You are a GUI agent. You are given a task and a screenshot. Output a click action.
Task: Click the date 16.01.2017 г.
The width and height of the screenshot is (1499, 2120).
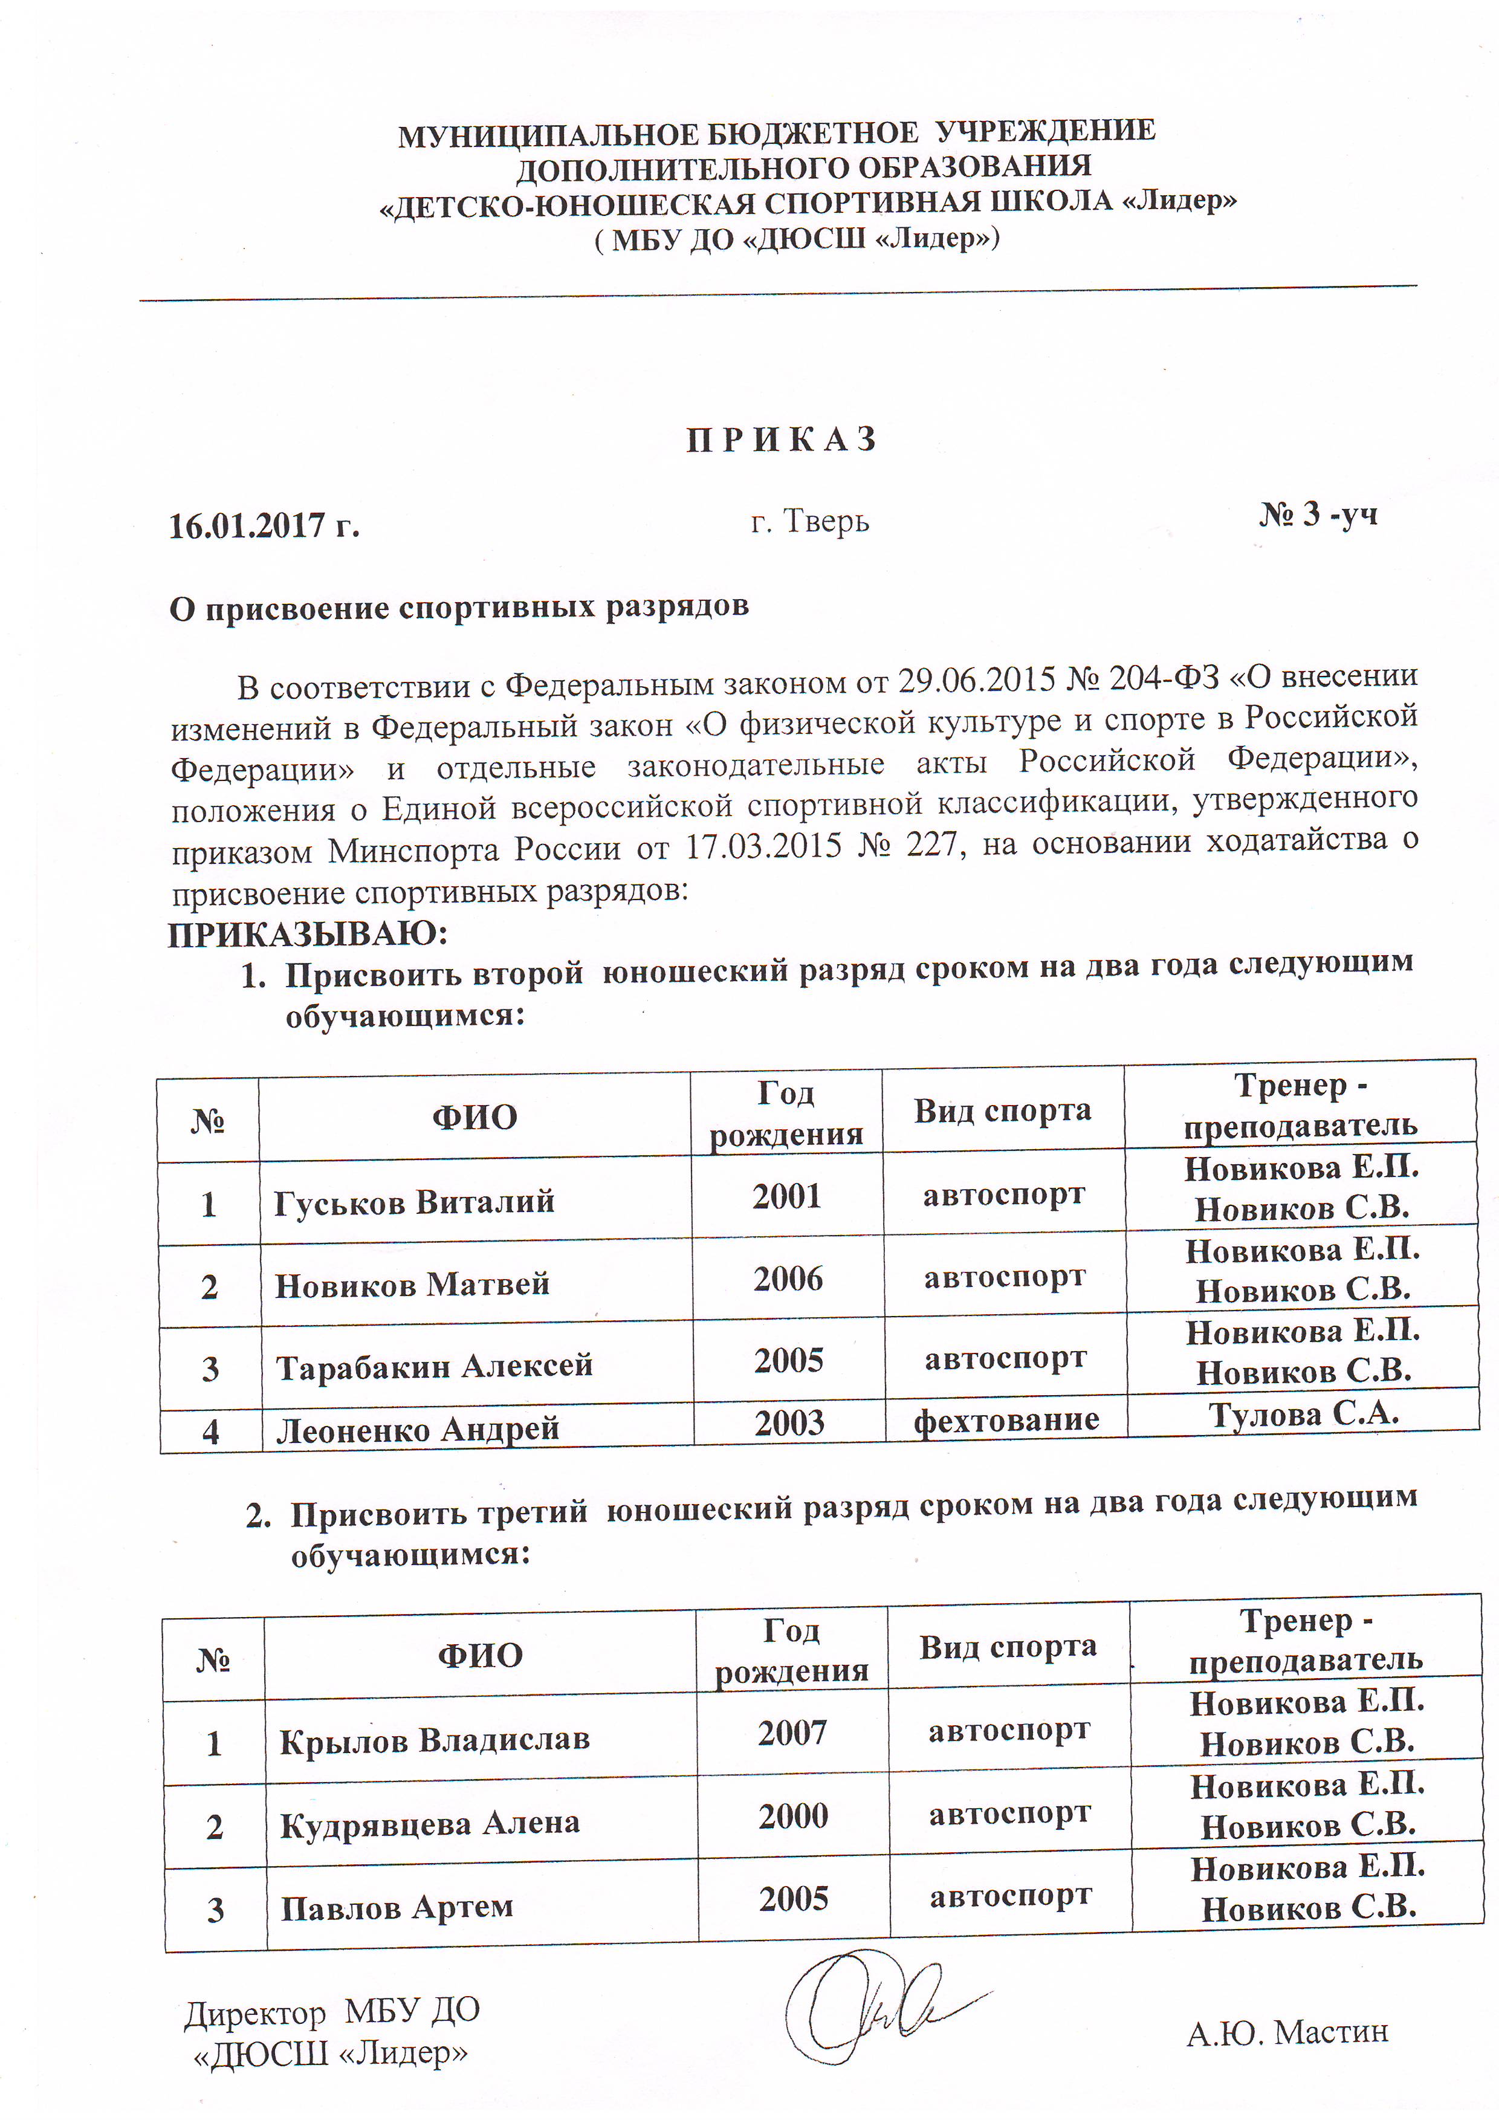pos(264,525)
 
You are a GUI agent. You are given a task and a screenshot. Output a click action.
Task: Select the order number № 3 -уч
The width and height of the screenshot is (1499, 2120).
pos(1318,514)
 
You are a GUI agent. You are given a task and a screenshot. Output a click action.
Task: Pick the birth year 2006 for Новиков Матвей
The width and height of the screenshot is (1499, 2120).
pos(788,1280)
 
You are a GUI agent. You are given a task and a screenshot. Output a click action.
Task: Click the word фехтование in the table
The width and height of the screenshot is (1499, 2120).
pos(1006,1419)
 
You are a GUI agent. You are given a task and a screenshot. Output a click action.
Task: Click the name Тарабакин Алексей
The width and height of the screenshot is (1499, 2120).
pos(434,1366)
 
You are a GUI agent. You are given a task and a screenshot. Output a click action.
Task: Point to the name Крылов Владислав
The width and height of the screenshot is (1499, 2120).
pos(434,1740)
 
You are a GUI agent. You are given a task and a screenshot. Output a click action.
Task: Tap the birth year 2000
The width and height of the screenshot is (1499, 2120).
pos(793,1816)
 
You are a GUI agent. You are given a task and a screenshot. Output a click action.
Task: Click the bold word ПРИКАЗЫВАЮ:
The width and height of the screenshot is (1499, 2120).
pos(308,935)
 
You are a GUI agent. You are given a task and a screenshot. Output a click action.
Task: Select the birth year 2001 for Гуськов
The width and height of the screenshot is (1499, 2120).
pos(786,1197)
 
